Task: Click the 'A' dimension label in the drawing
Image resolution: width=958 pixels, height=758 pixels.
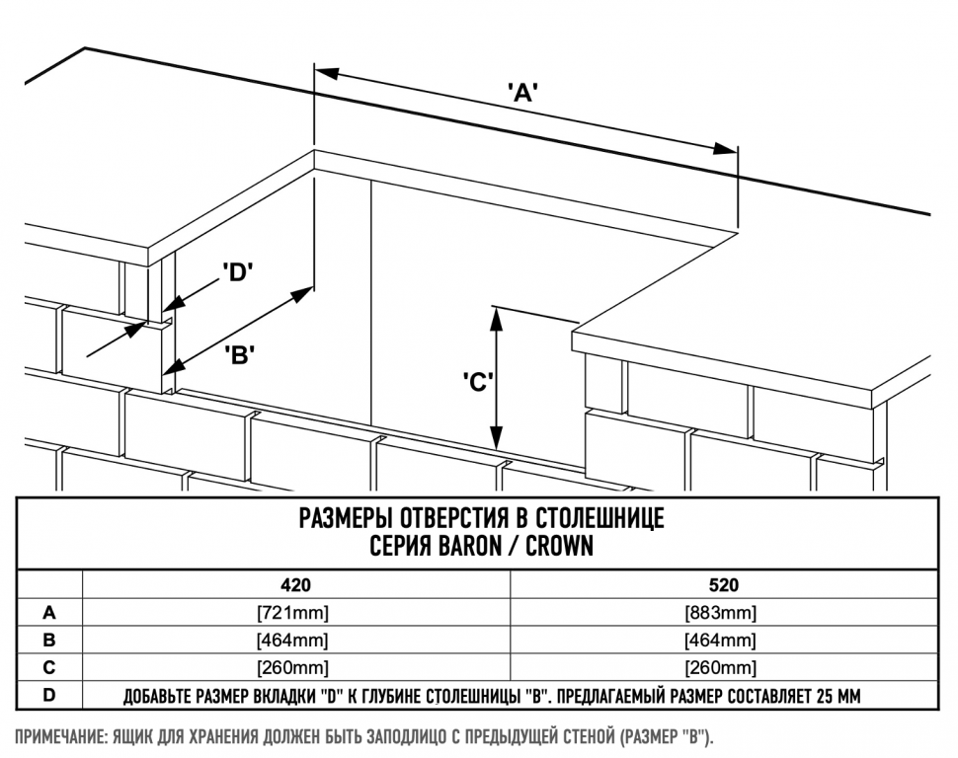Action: tap(521, 94)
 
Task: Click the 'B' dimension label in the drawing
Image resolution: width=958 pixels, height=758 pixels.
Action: tap(240, 355)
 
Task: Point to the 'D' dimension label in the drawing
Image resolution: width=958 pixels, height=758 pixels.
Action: tap(239, 273)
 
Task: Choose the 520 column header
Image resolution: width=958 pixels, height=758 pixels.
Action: tap(723, 585)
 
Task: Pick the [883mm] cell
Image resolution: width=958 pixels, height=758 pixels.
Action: tap(723, 612)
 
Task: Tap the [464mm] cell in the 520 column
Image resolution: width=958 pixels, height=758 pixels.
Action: tap(723, 640)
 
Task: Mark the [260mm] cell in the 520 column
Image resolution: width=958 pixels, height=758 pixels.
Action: tap(723, 667)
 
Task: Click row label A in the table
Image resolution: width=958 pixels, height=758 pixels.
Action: tap(49, 612)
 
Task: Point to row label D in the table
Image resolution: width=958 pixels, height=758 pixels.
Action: tap(49, 696)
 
